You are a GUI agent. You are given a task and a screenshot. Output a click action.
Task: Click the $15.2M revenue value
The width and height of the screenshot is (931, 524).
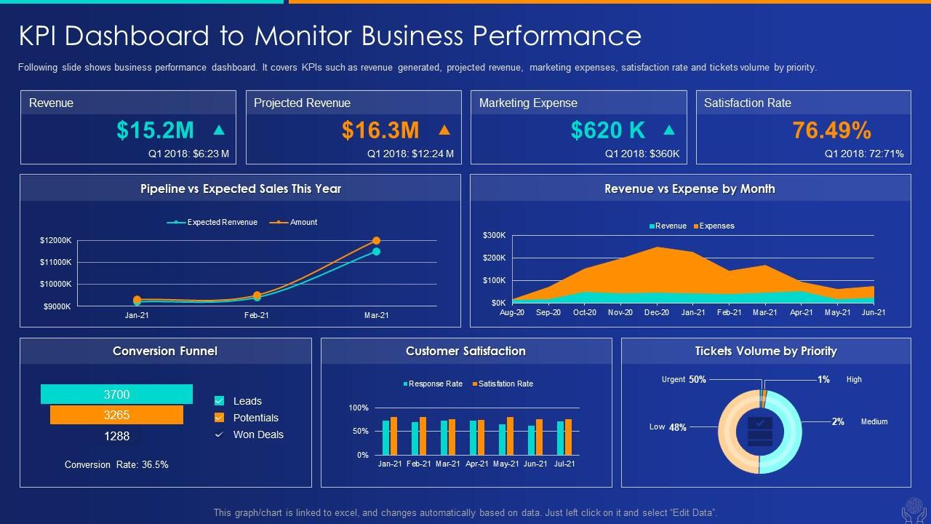click(155, 130)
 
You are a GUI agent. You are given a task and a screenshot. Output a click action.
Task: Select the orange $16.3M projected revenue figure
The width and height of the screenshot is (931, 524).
click(380, 130)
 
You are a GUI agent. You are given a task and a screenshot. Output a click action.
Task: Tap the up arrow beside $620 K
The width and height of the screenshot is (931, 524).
click(669, 130)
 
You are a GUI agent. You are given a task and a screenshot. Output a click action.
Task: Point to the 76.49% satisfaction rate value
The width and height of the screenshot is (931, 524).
click(831, 130)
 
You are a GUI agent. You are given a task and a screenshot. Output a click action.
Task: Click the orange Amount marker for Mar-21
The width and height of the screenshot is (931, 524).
click(376, 240)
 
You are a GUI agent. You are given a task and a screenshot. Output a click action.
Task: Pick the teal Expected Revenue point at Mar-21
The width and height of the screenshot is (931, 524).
click(376, 252)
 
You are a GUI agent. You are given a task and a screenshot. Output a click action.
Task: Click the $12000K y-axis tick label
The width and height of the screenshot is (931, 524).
click(55, 240)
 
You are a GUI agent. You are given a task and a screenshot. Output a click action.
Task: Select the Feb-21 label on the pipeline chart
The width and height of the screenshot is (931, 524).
click(256, 315)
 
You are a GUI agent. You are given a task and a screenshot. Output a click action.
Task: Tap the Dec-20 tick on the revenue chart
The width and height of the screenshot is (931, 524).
click(657, 312)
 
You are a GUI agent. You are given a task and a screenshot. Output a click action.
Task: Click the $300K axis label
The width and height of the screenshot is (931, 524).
click(494, 235)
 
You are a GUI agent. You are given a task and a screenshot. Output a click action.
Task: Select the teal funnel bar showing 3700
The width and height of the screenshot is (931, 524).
click(116, 394)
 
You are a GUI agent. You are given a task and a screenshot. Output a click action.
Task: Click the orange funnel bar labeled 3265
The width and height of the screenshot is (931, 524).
click(116, 415)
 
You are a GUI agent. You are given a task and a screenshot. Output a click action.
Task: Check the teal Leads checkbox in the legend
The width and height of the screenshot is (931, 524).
click(219, 401)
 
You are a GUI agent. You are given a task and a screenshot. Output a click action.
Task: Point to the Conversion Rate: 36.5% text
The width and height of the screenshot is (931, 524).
click(116, 464)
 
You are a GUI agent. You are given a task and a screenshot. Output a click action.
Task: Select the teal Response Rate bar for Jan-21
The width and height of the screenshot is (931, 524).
click(385, 437)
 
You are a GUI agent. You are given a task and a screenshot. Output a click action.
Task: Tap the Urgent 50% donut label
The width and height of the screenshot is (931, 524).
click(684, 379)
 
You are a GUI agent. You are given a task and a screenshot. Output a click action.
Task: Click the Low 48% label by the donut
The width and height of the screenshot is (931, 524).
click(668, 427)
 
